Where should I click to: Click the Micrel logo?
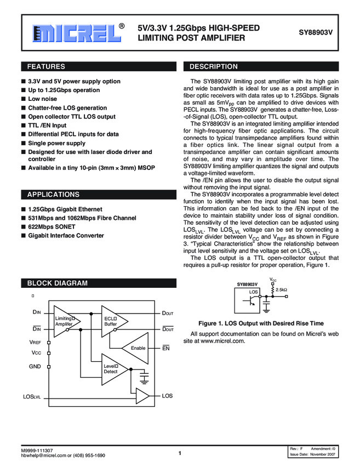[x=77, y=33]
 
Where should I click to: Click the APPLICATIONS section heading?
[x=53, y=195]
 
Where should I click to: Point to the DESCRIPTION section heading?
[x=214, y=67]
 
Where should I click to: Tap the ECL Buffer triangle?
[x=111, y=322]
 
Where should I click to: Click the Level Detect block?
[x=111, y=368]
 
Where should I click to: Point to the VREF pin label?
[x=35, y=342]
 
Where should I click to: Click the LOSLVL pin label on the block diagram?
[x=32, y=396]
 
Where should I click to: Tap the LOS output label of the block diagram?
[x=167, y=395]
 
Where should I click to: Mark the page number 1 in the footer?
[x=180, y=453]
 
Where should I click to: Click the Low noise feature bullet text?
[x=43, y=99]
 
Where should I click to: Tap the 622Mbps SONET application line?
[x=52, y=226]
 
